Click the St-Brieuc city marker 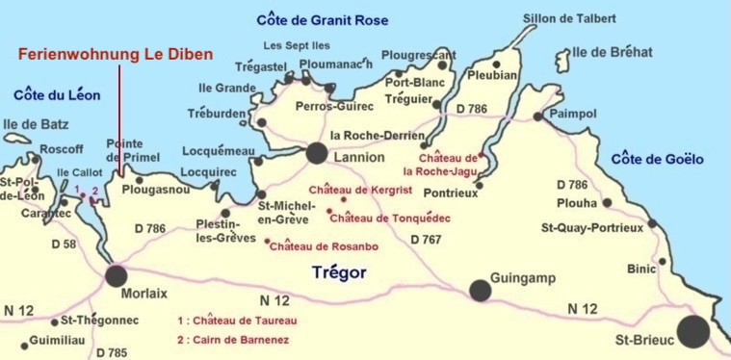[692, 330]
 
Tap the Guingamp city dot [480, 291]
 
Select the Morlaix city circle [117, 276]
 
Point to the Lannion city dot [316, 153]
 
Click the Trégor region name [339, 272]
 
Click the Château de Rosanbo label [324, 247]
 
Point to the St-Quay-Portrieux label [591, 227]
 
